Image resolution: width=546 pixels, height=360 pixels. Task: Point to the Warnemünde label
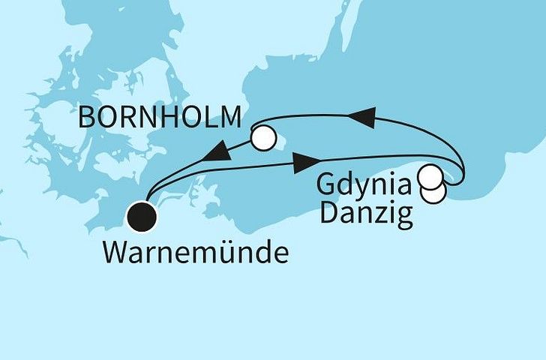pos(195,253)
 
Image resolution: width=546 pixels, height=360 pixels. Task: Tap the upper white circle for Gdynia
pos(430,178)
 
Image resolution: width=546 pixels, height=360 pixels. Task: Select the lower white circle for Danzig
pos(434,191)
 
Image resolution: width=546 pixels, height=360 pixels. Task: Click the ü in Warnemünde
pos(228,253)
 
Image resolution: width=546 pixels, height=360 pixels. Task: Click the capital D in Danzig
pos(328,216)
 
